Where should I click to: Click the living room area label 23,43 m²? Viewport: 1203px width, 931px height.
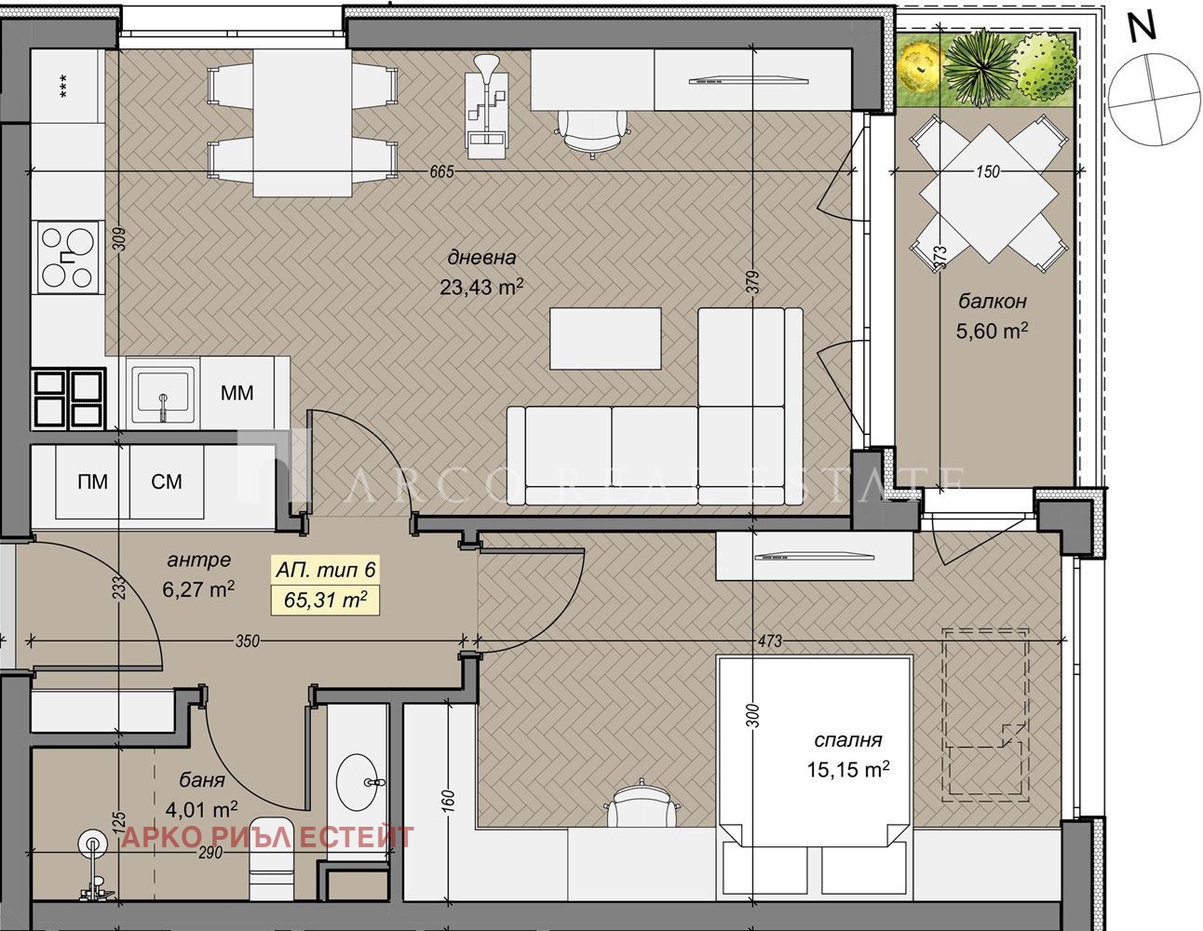click(x=481, y=287)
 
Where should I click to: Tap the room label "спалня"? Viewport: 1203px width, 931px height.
click(x=847, y=739)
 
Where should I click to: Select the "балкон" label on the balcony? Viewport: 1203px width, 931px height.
click(x=992, y=301)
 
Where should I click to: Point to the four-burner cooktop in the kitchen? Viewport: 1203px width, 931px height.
click(x=68, y=257)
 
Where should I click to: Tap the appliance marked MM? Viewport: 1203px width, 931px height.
click(x=237, y=393)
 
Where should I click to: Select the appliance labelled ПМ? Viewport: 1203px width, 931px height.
click(x=92, y=481)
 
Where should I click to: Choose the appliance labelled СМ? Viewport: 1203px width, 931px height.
click(x=166, y=481)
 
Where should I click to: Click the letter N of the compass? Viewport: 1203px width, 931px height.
click(x=1142, y=28)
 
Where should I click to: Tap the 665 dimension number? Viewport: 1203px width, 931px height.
click(x=441, y=171)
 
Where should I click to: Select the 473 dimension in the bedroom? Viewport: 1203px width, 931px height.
click(x=770, y=641)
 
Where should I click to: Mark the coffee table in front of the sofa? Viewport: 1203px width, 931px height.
click(x=605, y=338)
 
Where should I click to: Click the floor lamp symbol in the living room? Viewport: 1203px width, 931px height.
click(x=487, y=105)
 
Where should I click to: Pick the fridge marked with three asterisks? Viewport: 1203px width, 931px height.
click(x=68, y=87)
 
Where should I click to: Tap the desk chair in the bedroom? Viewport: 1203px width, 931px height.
click(x=642, y=802)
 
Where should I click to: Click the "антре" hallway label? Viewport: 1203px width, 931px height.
click(x=198, y=560)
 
